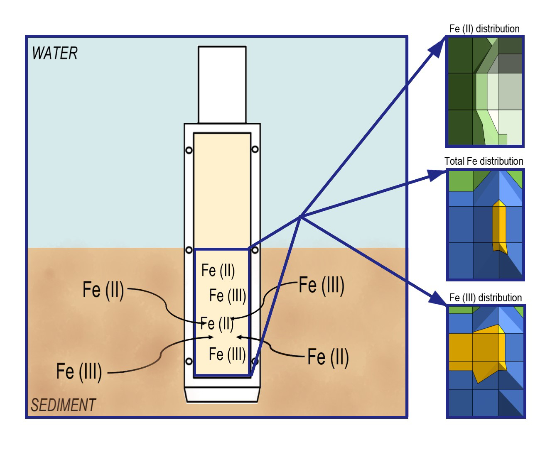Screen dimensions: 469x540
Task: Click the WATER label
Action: (x=55, y=54)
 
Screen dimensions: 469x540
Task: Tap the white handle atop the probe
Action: (x=222, y=85)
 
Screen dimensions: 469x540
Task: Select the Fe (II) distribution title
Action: (x=484, y=29)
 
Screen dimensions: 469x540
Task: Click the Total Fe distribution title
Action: (x=484, y=161)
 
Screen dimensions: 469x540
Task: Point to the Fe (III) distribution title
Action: (x=485, y=298)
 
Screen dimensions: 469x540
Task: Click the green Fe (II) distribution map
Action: (x=485, y=91)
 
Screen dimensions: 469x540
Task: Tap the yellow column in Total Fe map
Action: (x=499, y=226)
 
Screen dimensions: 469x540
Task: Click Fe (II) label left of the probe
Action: (x=103, y=289)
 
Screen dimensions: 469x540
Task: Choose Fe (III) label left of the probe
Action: (x=79, y=371)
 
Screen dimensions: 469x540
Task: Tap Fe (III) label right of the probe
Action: (x=322, y=285)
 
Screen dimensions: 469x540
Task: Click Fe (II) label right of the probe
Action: (x=328, y=357)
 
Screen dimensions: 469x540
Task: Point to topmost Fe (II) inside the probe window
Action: (x=218, y=270)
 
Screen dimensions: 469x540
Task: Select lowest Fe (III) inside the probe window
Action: (x=227, y=354)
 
